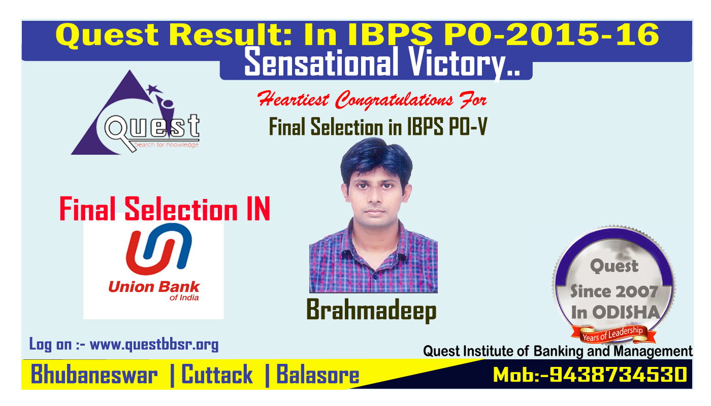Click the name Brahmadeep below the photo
pos(371,311)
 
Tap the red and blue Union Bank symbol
pos(158,249)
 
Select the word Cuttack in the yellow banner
pos(217,375)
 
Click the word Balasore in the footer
pos(318,375)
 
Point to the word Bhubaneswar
pos(94,375)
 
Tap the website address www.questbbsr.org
pos(154,345)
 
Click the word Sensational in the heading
pos(321,62)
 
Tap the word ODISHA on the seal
pos(626,313)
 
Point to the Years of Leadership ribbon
pos(613,334)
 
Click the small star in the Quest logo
pos(154,89)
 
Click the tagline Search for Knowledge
pos(167,145)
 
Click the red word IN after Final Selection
pos(258,209)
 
